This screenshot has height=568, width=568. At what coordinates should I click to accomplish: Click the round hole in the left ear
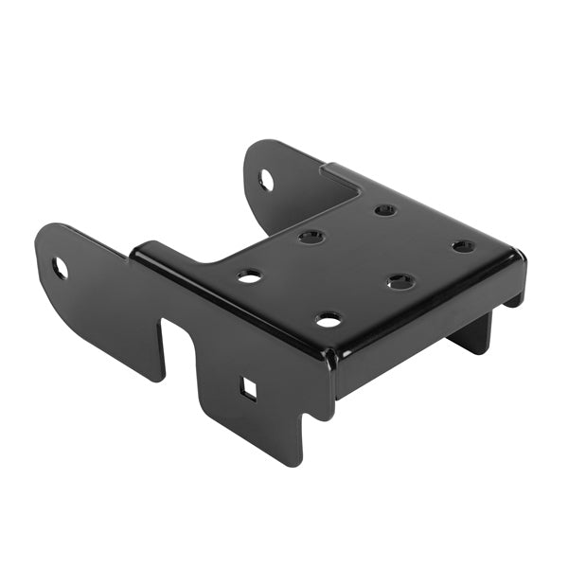click(x=60, y=268)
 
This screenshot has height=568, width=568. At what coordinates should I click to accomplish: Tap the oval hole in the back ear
click(x=267, y=179)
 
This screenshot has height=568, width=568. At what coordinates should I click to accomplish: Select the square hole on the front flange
click(x=247, y=388)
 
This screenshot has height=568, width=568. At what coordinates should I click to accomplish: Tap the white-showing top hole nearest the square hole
click(x=328, y=320)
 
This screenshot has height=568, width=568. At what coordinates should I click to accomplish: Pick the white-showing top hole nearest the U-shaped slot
click(x=249, y=276)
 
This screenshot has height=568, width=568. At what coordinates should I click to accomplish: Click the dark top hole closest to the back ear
click(x=311, y=237)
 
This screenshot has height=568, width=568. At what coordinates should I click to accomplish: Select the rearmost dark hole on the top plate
click(x=384, y=209)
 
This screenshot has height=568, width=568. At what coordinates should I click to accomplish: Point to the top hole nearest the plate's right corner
click(x=463, y=246)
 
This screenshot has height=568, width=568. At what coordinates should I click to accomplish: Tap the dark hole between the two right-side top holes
click(x=400, y=281)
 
